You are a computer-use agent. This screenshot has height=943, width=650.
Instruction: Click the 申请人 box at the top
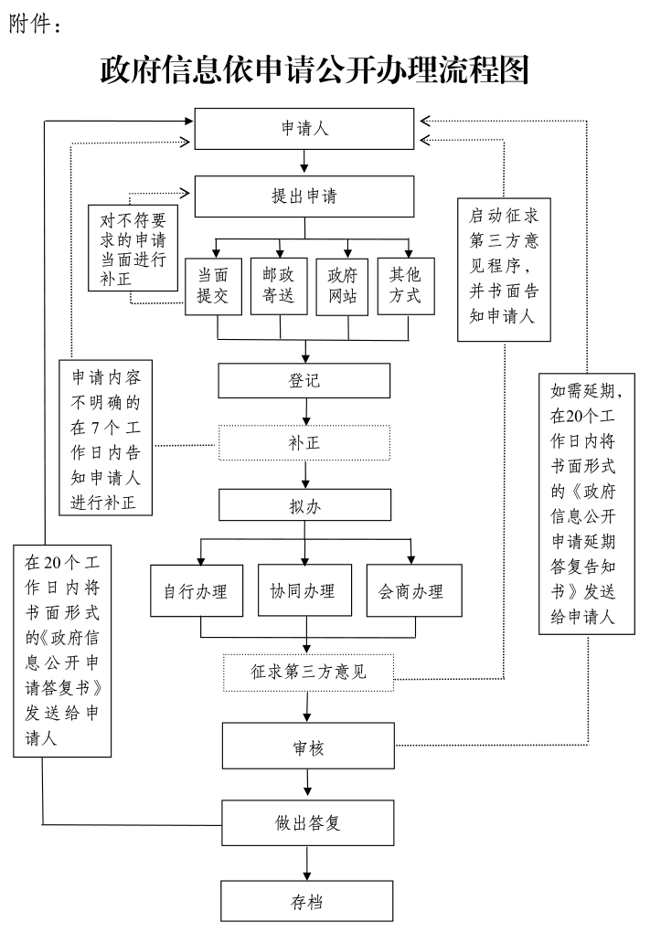point(304,128)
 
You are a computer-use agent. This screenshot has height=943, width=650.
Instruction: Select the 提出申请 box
point(304,196)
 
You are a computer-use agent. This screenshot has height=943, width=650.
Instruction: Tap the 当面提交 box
point(213,286)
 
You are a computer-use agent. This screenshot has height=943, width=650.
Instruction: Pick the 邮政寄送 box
point(279,286)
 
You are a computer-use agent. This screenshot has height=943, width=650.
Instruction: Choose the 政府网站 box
point(343,286)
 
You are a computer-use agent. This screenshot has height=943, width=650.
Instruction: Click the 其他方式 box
point(406,286)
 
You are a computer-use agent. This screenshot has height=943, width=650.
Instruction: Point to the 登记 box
point(304,381)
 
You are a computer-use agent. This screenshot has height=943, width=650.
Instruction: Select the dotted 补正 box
point(304,444)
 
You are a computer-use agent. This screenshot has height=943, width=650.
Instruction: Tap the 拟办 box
point(304,505)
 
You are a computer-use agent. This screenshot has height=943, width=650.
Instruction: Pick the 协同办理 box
point(304,591)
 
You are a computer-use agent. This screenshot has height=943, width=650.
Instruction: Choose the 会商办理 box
point(413,591)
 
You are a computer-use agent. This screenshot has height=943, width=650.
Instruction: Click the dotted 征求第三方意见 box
point(308,673)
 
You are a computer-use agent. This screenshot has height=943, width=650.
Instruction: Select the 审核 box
point(308,747)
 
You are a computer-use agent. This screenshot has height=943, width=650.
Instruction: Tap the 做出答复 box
point(308,822)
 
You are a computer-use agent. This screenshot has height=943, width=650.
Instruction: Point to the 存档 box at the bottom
point(306,901)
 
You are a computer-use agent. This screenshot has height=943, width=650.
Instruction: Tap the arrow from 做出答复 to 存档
point(306,863)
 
